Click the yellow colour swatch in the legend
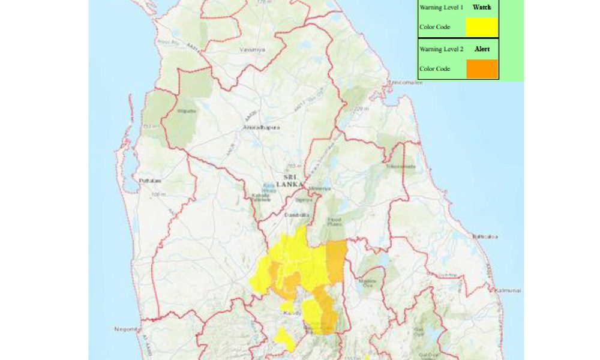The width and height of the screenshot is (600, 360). (482, 27)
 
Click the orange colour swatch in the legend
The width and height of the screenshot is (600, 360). (482, 68)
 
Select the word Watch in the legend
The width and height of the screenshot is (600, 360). (481, 7)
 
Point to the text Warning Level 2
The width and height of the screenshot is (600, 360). (441, 49)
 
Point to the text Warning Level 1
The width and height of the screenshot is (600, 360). (441, 7)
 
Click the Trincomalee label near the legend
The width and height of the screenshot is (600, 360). (406, 82)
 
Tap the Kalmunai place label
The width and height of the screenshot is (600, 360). (508, 290)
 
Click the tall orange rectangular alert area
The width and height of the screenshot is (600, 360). (336, 261)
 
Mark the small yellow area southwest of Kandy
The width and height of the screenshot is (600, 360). (284, 338)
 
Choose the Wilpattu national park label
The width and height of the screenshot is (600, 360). (184, 111)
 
